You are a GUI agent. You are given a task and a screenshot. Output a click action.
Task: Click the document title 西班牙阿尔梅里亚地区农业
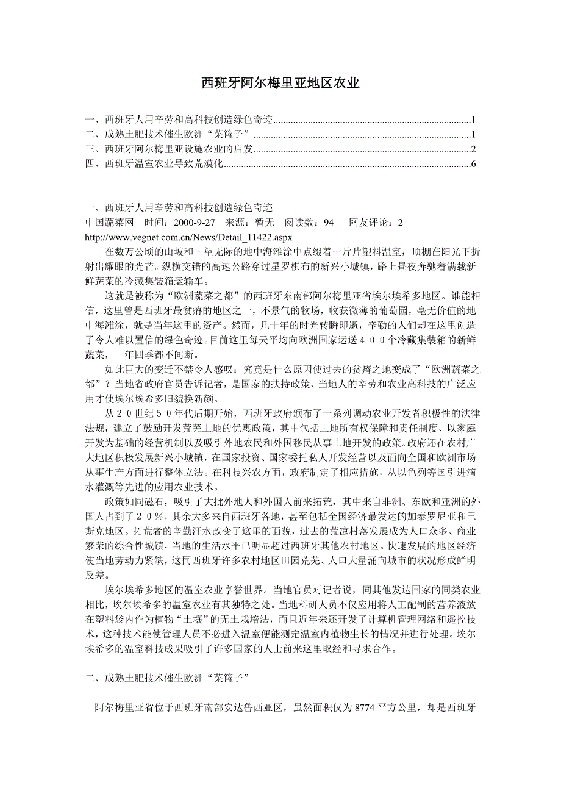tap(280, 83)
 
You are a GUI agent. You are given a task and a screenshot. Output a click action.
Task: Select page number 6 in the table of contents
tap(473, 164)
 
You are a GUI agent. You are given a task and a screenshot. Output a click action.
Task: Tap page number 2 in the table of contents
tap(473, 149)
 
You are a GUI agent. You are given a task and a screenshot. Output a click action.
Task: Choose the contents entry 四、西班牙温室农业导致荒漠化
tap(155, 164)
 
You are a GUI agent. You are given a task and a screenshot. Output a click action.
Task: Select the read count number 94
tap(329, 223)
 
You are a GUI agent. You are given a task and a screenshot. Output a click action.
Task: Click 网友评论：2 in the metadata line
tap(376, 223)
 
